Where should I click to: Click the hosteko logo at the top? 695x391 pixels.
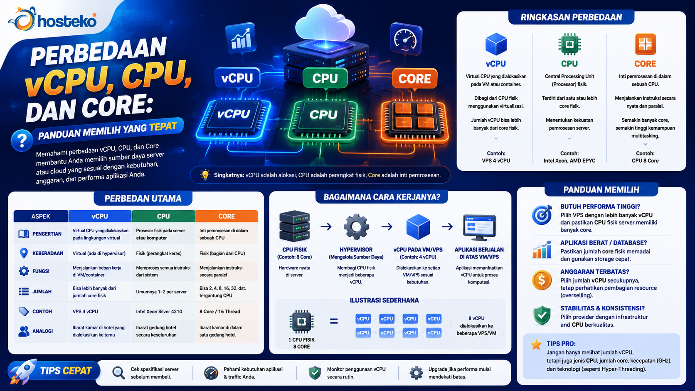[52, 19]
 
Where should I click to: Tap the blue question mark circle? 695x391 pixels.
[22, 140]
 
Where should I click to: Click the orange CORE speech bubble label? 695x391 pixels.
[414, 79]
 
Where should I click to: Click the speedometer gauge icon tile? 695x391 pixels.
[406, 39]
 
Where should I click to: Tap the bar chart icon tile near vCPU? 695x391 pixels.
[241, 38]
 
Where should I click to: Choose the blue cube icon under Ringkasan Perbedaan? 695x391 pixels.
[496, 44]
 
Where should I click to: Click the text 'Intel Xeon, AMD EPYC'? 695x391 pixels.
[569, 161]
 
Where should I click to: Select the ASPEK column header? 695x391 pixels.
[41, 216]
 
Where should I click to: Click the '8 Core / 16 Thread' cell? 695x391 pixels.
[219, 311]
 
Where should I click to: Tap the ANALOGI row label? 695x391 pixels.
[42, 331]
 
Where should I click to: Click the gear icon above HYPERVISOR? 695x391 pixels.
[356, 226]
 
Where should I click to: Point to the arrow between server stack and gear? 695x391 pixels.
[326, 227]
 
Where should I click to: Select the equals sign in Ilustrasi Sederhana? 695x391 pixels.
[334, 321]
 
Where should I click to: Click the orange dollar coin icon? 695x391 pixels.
[542, 280]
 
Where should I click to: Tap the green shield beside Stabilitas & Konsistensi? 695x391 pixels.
[542, 316]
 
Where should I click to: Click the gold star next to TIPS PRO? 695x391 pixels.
[536, 344]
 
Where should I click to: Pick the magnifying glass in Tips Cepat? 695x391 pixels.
[118, 372]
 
